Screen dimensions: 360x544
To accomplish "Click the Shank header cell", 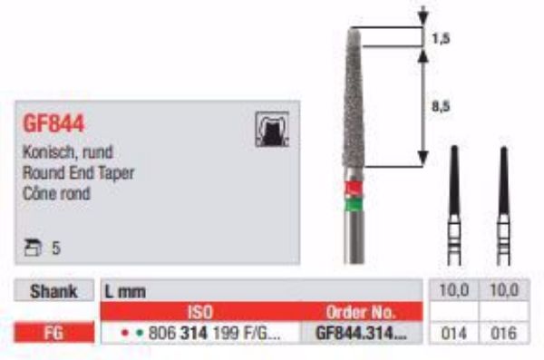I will pos(55,291).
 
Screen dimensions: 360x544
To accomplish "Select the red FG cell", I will pos(55,333).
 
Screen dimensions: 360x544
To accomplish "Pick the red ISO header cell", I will pos(199,312).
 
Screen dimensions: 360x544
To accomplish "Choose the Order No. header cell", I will pos(362,312).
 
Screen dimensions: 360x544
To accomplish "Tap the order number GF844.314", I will pos(362,333).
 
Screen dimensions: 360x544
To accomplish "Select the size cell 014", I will pos(451,333).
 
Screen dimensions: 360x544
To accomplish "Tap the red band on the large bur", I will pos(355,188).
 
